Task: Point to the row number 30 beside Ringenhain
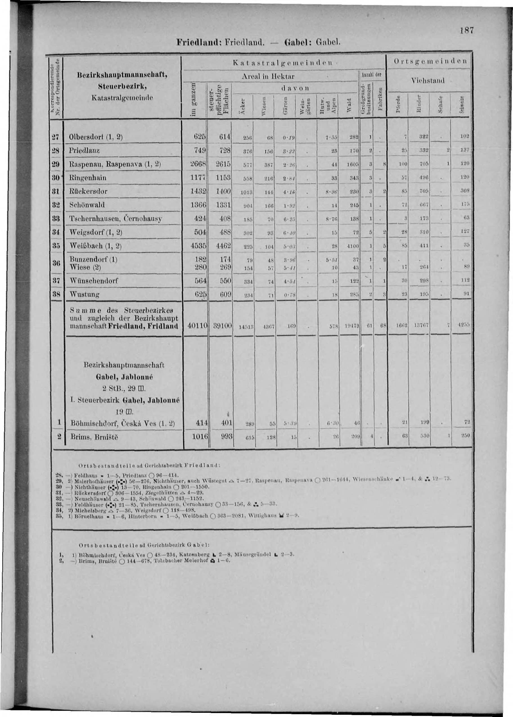point(56,178)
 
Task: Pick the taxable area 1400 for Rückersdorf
point(224,191)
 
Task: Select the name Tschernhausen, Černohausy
point(116,218)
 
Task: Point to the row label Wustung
point(85,295)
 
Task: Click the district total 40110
point(197,325)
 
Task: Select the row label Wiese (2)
point(85,267)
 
